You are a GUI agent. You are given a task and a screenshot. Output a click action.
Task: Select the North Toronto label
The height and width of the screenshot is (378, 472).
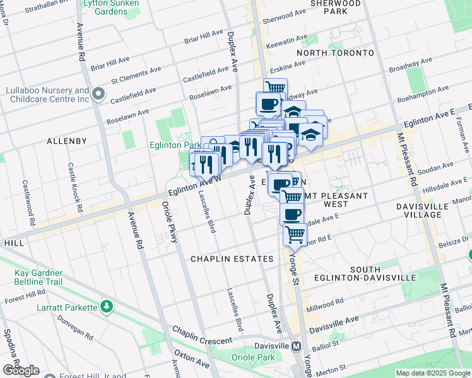[335, 53]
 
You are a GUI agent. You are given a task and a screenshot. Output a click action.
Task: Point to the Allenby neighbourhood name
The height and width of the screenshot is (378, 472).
[66, 141]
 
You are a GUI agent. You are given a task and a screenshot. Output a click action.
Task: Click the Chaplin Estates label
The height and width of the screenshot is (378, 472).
[232, 259]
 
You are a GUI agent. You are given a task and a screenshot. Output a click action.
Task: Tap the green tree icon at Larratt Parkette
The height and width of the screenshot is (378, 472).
[107, 307]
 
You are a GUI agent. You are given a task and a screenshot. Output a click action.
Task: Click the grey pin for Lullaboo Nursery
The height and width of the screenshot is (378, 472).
[98, 95]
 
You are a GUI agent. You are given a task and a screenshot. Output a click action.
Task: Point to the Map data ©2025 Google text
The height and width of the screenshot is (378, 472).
[432, 373]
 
